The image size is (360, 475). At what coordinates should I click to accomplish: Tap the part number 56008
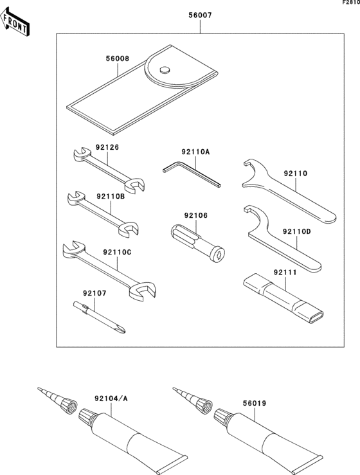click(118, 58)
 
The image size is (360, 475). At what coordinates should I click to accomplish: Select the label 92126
click(108, 147)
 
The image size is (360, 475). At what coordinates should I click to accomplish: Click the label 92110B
click(111, 196)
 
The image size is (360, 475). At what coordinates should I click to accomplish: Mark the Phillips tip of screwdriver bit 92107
click(121, 330)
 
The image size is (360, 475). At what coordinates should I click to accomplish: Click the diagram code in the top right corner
click(351, 3)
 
